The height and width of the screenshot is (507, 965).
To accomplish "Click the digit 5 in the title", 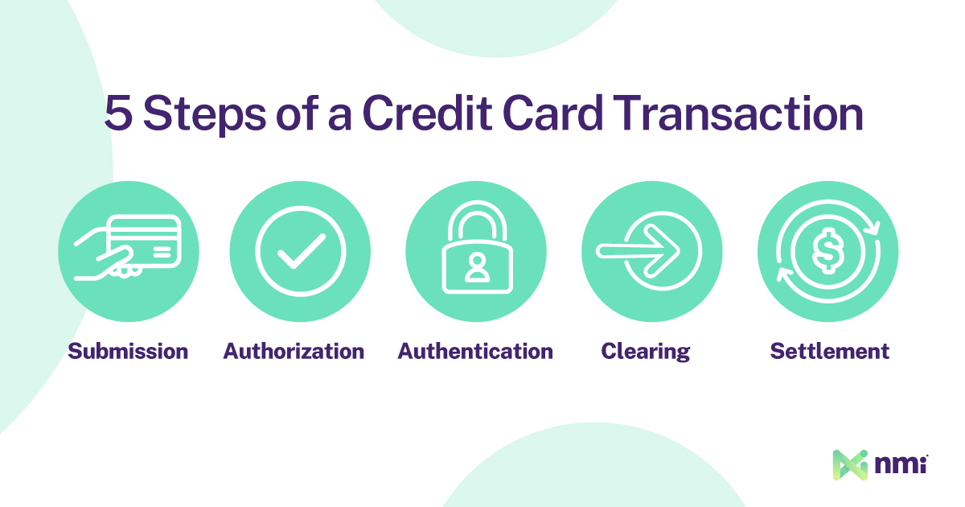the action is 118,113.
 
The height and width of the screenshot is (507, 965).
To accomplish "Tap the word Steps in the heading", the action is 204,114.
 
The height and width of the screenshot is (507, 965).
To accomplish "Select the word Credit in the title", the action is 427,112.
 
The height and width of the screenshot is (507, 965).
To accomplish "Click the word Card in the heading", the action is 552,112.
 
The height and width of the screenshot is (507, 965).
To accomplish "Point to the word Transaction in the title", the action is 738,112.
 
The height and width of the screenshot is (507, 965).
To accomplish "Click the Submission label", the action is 128,351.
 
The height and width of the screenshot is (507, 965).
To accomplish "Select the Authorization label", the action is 294,351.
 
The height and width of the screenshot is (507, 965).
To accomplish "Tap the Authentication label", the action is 475,351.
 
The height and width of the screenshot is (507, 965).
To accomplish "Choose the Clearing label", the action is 645,352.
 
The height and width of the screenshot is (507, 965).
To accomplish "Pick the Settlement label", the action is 830,351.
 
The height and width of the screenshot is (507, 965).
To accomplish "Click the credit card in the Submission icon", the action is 146,241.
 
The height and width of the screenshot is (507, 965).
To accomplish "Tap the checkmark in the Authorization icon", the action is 302,251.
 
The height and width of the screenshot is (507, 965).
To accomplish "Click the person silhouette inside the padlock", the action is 476,267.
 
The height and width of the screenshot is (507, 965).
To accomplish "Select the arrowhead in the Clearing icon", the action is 661,251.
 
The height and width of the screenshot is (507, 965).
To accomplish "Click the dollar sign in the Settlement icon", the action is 827,251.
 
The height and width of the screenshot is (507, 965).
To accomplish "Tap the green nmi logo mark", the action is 850,465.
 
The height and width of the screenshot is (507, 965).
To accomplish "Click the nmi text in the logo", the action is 901,464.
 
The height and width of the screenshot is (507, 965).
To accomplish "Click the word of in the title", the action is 298,112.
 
